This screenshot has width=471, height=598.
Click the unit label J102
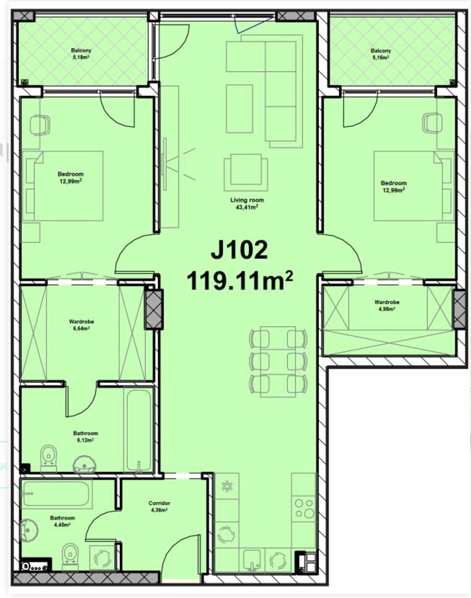click(x=239, y=250)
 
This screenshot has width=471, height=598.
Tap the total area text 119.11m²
click(x=240, y=281)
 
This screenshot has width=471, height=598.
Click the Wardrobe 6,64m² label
click(x=81, y=325)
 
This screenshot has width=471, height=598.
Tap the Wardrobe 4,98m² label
click(x=387, y=305)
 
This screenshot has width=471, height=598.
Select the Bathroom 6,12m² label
click(x=85, y=437)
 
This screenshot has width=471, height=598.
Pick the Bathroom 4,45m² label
click(x=62, y=521)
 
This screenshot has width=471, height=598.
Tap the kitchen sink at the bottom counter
click(x=252, y=561)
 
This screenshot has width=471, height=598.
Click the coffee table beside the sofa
click(x=239, y=108)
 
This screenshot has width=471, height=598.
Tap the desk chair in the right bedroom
click(x=432, y=123)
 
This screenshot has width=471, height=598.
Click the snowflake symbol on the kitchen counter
click(x=226, y=486)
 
